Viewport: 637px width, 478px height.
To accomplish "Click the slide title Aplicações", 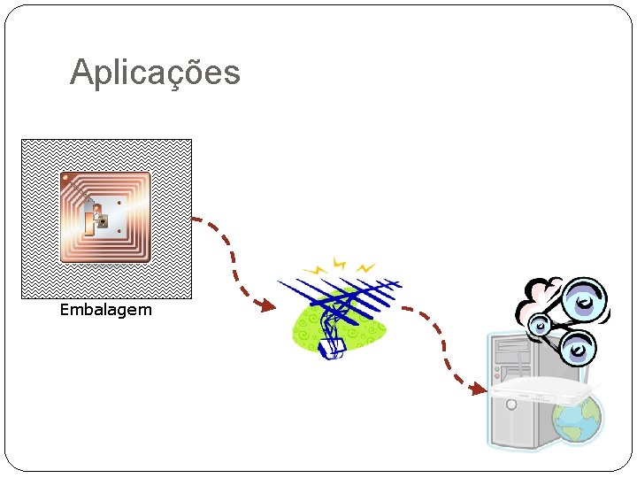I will pos(155,73).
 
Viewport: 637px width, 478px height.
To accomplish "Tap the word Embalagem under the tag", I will pos(105,310).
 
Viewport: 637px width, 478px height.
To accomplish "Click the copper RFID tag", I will pos(105,217).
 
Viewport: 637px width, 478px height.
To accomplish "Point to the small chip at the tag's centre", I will pos(103,221).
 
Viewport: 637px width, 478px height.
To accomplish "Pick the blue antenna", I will pos(341,302).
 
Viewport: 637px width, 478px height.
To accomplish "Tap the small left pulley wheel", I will pos(539,328).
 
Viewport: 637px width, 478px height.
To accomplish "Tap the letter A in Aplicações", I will pos(81,73).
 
